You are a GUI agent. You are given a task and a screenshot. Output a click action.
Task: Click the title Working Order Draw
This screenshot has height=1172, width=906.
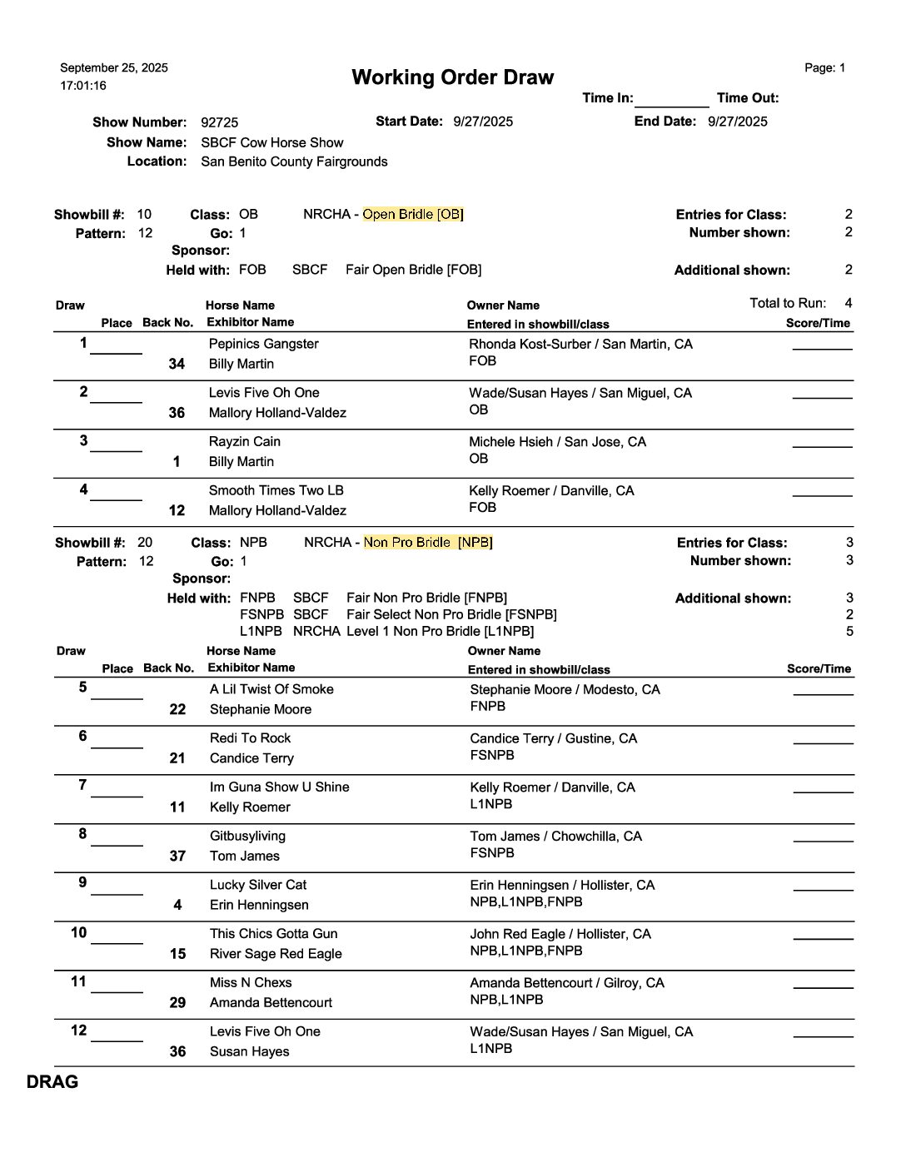452,77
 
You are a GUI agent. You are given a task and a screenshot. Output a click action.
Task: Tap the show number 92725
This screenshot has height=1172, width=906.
219,122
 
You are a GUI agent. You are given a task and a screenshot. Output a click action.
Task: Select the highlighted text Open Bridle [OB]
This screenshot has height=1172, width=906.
413,215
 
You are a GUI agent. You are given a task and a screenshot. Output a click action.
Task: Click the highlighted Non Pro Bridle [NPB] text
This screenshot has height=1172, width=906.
428,543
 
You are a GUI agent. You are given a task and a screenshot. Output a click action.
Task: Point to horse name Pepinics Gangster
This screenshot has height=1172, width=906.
263,344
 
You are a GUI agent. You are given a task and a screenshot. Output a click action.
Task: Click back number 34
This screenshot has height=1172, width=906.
177,364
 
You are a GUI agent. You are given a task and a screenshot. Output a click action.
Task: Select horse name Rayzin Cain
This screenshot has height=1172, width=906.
244,442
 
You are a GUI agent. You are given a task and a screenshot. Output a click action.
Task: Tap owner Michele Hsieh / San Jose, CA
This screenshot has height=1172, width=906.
557,442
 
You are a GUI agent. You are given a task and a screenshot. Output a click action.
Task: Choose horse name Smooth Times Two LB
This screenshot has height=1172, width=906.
276,491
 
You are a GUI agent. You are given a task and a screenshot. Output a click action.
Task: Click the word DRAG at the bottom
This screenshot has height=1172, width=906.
52,1082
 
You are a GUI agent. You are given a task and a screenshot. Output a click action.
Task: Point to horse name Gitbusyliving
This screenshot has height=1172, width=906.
247,837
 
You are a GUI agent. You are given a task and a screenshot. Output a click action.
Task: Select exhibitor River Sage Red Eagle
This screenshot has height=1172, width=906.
276,954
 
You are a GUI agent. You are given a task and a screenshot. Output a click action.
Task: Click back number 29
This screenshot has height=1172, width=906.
177,1003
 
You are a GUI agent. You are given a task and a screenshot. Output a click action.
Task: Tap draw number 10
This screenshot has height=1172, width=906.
78,933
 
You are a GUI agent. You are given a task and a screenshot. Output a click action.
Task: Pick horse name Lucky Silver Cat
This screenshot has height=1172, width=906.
258,885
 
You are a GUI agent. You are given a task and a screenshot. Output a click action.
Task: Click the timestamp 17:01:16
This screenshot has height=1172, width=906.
83,86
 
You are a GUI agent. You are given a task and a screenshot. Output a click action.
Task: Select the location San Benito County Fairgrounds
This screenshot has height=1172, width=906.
294,161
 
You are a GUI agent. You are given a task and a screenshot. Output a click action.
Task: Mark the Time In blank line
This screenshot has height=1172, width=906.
671,100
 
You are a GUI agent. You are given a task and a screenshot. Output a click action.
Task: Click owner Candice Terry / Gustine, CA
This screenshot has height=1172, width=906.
553,739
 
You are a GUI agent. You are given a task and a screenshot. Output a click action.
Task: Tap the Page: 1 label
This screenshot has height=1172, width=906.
824,68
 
